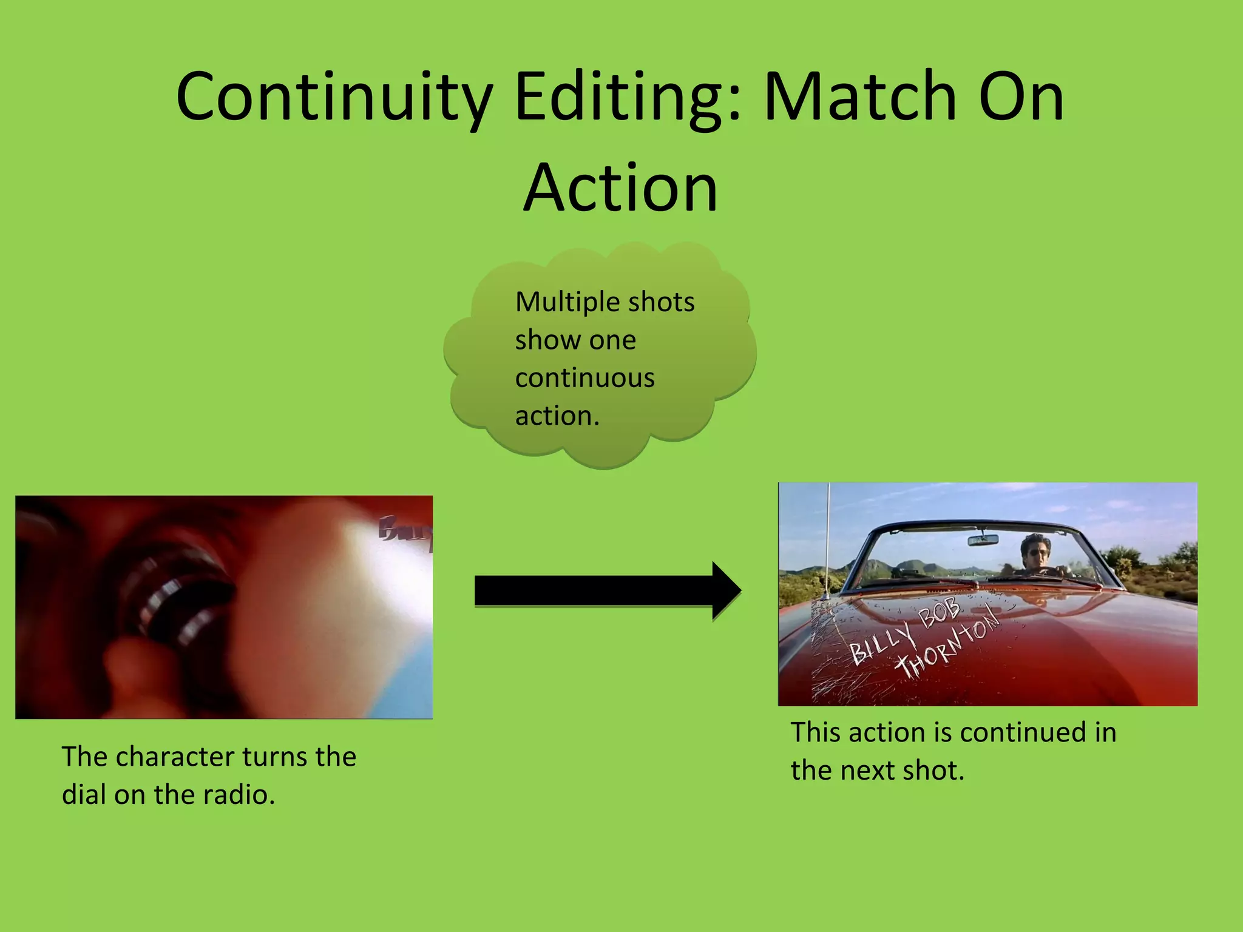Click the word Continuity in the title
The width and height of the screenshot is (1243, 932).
pos(333,97)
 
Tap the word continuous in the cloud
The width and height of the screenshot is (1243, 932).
pos(584,378)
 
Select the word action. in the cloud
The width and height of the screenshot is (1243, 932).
pos(557,416)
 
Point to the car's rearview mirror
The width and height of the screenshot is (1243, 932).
pos(983,539)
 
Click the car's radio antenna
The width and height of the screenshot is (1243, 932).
pos(827,540)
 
